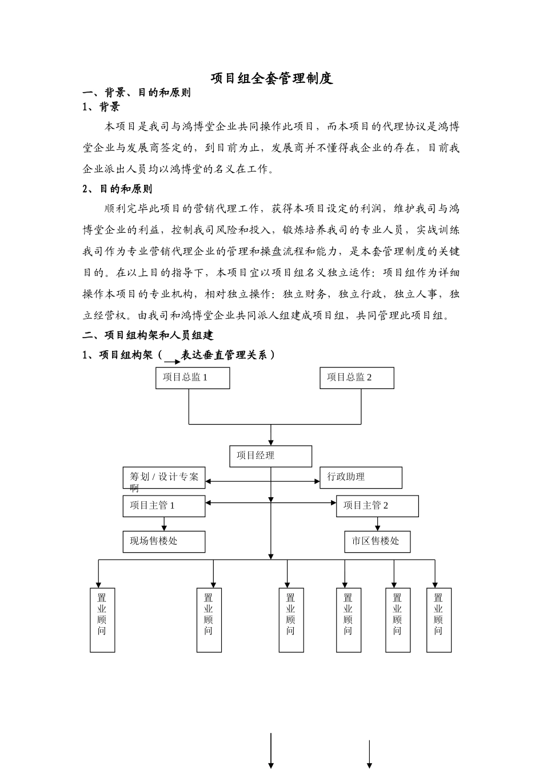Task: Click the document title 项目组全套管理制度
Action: [271, 79]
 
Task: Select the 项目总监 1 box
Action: [193, 378]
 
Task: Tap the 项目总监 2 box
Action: [357, 378]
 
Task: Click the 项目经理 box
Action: [271, 456]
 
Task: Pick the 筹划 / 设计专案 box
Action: [164, 477]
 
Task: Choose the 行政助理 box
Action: [360, 477]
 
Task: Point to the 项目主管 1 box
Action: [164, 506]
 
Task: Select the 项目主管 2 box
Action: [377, 506]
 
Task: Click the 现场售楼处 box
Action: [164, 541]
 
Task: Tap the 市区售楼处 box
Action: [377, 541]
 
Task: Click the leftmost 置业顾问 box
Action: [102, 620]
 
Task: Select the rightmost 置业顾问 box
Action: [439, 620]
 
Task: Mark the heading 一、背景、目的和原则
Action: [137, 93]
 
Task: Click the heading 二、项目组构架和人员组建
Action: [148, 335]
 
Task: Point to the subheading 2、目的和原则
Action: [118, 189]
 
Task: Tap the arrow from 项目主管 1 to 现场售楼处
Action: [165, 524]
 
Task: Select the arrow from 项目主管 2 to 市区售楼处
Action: [377, 524]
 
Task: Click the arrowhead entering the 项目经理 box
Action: [271, 442]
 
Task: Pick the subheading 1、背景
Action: [102, 107]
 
